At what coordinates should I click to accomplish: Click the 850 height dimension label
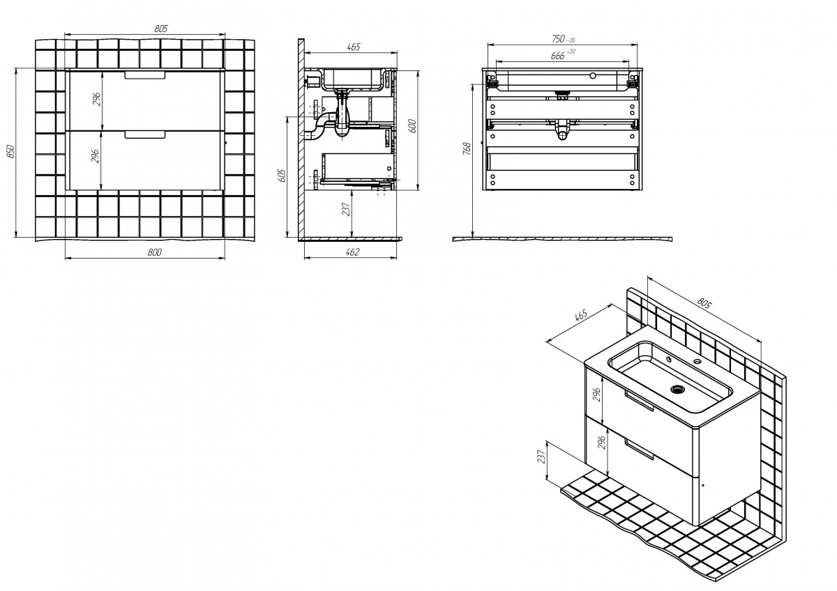coord(11,151)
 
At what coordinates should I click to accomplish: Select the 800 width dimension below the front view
coord(154,252)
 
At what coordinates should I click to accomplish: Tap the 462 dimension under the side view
coord(352,252)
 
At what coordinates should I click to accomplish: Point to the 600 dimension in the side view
coord(412,126)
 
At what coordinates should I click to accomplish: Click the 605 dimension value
coord(282,176)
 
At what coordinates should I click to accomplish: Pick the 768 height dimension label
coord(467,148)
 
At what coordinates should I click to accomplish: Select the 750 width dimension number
coord(558,38)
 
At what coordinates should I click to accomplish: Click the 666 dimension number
coord(557,56)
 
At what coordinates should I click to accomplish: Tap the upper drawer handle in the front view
coord(145,75)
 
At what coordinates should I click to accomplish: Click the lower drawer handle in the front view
coord(145,135)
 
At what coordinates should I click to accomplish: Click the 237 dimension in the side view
coord(347,209)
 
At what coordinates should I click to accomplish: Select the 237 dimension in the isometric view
coord(541,456)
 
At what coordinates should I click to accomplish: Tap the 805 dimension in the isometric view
coord(704,304)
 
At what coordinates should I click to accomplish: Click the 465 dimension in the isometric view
coord(581,315)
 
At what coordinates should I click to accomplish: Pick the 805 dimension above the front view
coord(161,29)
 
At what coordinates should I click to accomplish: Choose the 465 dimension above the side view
coord(354,47)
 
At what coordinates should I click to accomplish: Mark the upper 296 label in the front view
coord(97,99)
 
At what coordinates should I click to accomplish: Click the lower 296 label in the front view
coord(96,155)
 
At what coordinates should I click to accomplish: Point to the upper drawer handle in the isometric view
coord(639,401)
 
